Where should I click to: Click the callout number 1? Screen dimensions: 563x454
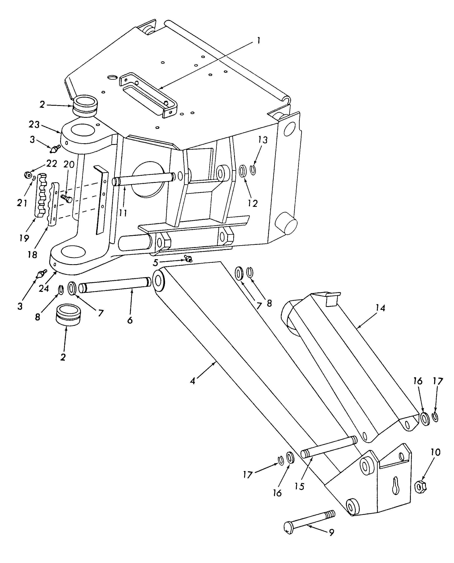[258, 41]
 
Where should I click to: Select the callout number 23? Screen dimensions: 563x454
[34, 125]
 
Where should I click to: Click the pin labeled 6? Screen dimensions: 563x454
[115, 285]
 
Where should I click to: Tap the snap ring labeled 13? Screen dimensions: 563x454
[253, 170]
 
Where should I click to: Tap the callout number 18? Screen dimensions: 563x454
[32, 255]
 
